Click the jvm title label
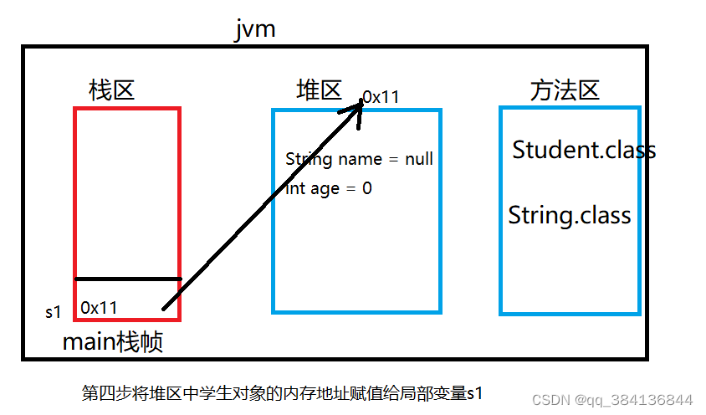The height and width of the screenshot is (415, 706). (x=255, y=30)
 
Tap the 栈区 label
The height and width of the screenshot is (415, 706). (x=111, y=90)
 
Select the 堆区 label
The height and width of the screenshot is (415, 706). (x=319, y=90)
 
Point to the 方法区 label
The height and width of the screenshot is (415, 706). (x=565, y=90)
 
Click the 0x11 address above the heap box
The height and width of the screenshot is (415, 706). (x=381, y=97)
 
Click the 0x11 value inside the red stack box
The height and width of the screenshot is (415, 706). (x=99, y=308)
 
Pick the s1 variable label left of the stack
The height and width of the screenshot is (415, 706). (x=54, y=312)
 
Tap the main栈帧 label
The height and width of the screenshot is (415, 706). (x=113, y=341)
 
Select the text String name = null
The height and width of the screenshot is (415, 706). (x=359, y=159)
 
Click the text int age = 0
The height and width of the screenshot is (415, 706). (x=329, y=188)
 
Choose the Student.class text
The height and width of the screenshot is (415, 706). (x=584, y=150)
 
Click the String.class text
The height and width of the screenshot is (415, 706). (x=570, y=215)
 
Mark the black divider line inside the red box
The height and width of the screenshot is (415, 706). (x=128, y=279)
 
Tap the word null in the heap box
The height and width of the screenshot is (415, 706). (x=418, y=159)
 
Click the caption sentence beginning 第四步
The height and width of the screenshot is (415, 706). (x=283, y=392)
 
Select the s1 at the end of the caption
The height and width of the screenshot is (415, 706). (x=474, y=393)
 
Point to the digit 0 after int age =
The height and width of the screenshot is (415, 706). (x=366, y=188)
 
